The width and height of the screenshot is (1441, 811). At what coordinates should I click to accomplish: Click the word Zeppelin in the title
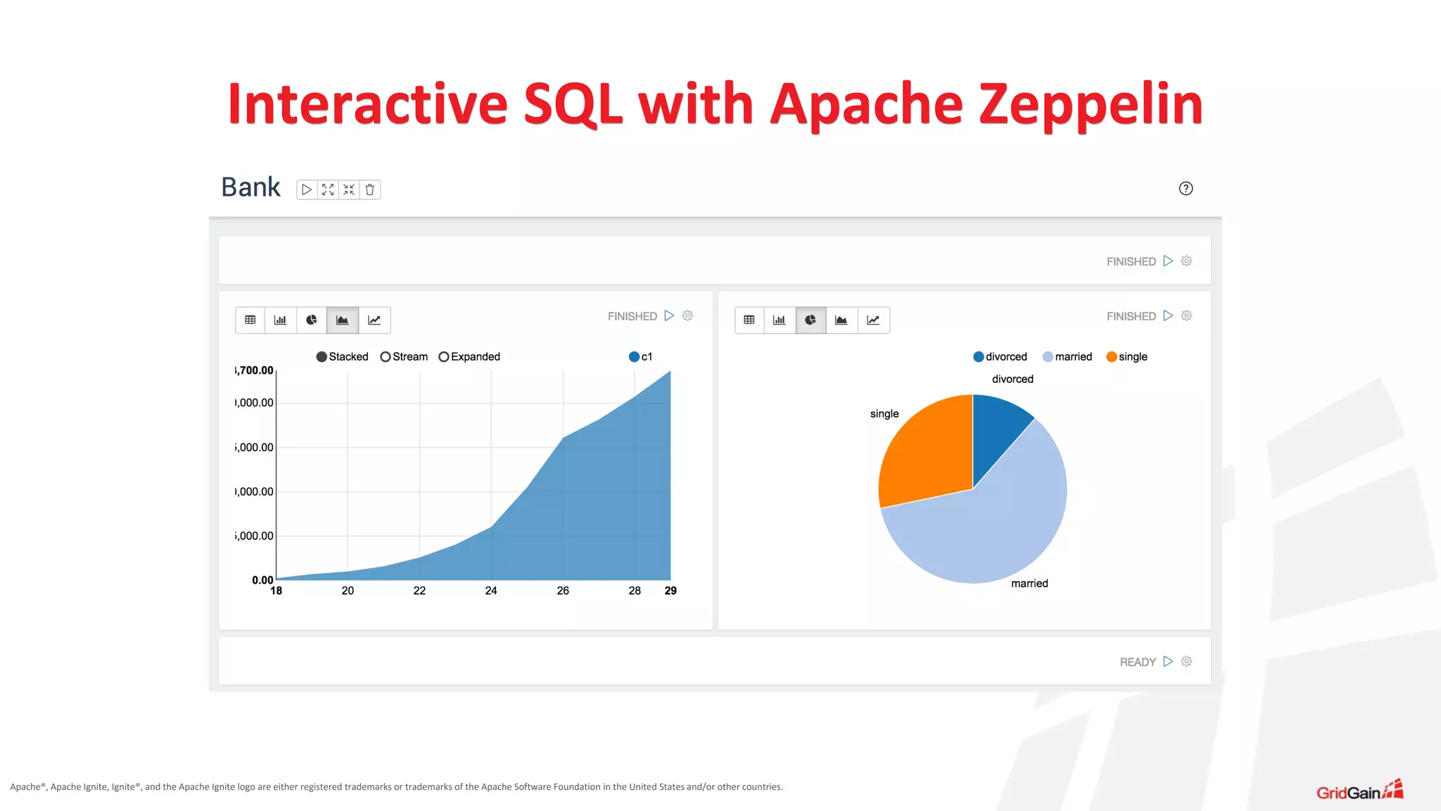(1091, 104)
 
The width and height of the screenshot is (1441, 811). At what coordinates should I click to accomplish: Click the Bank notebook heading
(250, 187)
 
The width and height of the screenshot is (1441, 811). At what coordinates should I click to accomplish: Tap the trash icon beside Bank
(370, 189)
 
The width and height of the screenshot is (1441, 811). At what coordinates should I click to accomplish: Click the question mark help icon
(1186, 188)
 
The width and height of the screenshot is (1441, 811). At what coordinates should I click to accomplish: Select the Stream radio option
(386, 357)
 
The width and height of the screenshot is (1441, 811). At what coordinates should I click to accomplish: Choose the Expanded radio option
(444, 357)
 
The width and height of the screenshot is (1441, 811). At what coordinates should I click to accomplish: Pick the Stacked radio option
(322, 357)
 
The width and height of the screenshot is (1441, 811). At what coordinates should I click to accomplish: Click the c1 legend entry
(640, 357)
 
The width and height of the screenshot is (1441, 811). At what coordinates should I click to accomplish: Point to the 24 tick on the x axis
(491, 591)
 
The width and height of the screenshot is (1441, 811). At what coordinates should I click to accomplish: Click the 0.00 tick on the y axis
(262, 580)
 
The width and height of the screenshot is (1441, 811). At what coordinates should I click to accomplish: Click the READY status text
(1138, 662)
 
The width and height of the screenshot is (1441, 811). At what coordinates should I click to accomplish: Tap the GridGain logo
(1359, 791)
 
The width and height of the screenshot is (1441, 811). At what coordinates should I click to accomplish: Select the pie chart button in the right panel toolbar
(811, 320)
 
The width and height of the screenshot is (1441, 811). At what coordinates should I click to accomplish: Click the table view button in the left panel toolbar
(250, 320)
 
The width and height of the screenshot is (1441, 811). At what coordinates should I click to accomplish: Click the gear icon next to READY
(1186, 662)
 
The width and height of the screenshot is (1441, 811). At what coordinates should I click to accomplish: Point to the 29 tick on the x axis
(671, 591)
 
